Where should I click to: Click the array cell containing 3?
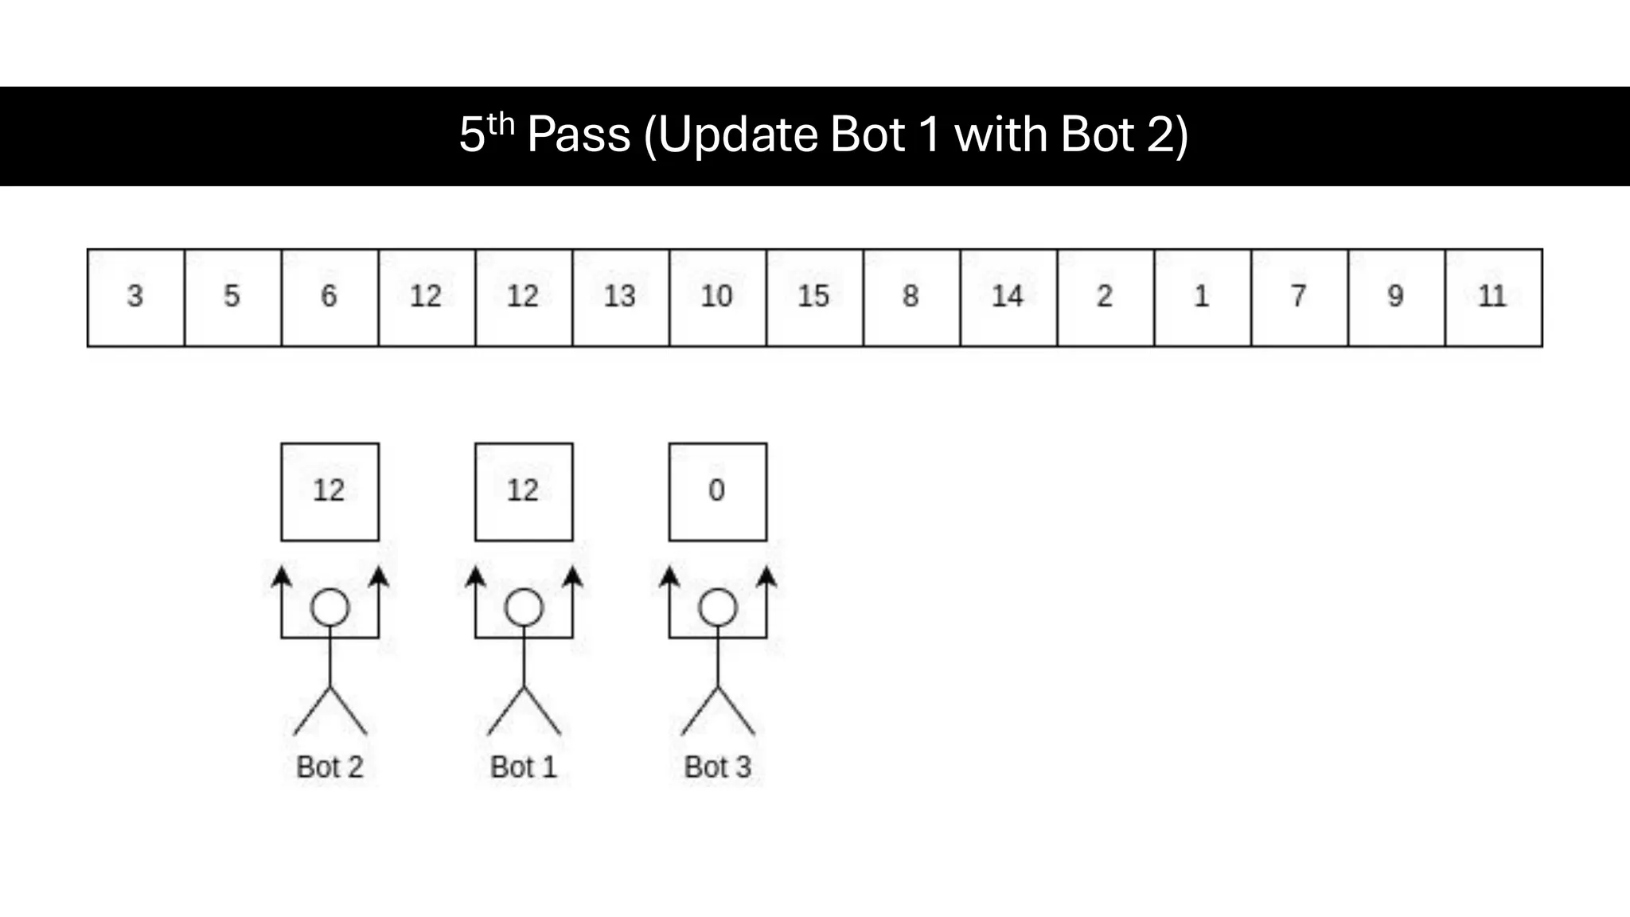click(135, 297)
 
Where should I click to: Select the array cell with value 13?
click(620, 297)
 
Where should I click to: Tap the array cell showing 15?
click(814, 297)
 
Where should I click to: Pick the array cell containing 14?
click(1008, 297)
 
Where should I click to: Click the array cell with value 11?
click(1493, 297)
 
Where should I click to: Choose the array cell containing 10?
click(717, 297)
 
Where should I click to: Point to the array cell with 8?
click(911, 297)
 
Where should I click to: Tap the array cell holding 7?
click(1299, 297)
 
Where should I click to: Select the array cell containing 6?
click(330, 297)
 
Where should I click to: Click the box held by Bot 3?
click(717, 491)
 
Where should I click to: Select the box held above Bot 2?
click(330, 491)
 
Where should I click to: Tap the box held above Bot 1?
click(524, 491)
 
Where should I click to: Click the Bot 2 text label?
click(330, 767)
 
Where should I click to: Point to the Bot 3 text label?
click(717, 767)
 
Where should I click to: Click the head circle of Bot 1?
click(524, 608)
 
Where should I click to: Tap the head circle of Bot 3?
click(717, 608)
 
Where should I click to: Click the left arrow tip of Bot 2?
click(281, 575)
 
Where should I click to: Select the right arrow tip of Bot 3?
click(766, 575)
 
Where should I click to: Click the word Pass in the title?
click(579, 135)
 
